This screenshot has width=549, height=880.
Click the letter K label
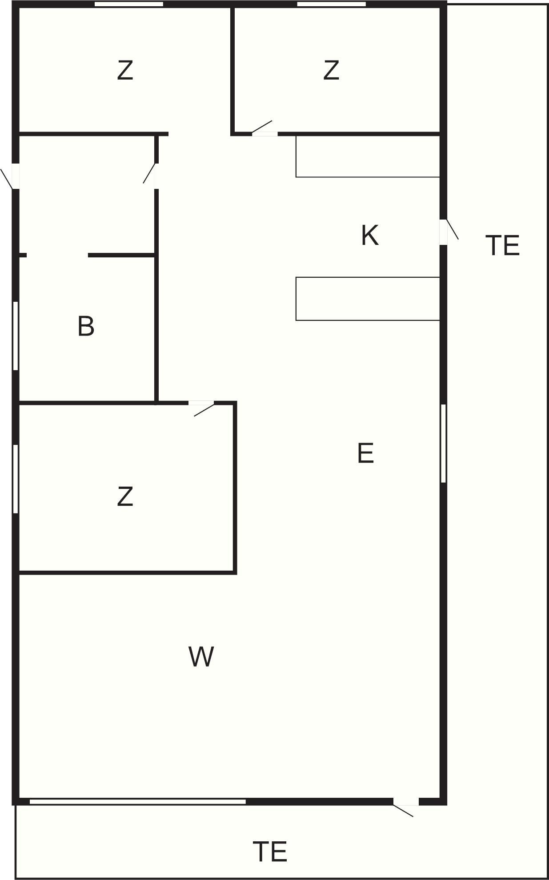[x=369, y=235]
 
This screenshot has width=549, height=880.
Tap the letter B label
[x=86, y=326]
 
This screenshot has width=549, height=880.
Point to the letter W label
[x=201, y=656]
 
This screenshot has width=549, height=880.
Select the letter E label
[x=365, y=453]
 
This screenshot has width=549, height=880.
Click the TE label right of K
[x=502, y=245]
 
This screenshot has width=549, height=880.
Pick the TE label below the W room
[x=270, y=852]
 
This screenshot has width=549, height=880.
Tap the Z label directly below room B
[x=125, y=496]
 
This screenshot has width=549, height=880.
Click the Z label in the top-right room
[x=331, y=70]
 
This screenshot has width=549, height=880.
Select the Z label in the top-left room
[x=125, y=70]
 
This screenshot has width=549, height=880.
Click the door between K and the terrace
[x=444, y=232]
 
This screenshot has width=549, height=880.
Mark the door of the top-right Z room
[x=264, y=133]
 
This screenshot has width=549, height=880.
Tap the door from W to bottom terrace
[x=406, y=802]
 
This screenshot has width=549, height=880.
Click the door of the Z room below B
[x=201, y=403]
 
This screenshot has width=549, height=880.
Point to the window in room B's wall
[x=16, y=336]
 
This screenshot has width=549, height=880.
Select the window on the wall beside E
[x=443, y=443]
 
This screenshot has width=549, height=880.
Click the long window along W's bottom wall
[x=137, y=801]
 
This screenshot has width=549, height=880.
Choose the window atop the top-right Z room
[x=331, y=4]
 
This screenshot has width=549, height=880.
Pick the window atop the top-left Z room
[x=129, y=4]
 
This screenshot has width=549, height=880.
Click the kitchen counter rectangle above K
[x=368, y=156]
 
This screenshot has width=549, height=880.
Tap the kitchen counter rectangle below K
[x=368, y=299]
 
